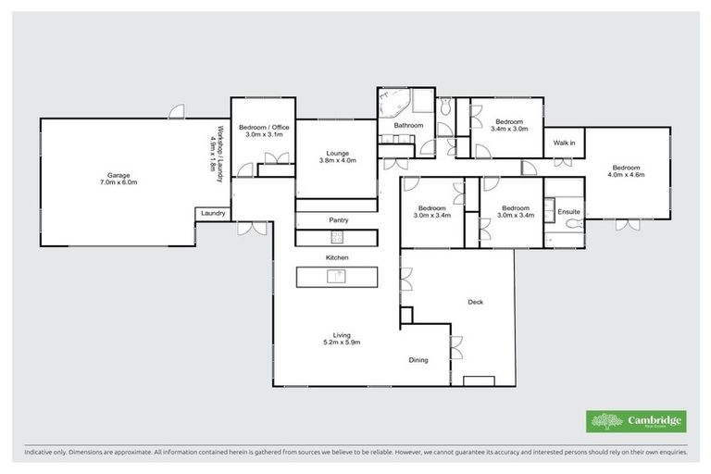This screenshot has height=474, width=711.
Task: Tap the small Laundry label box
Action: pos(212,214)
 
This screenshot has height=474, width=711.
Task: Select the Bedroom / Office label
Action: pos(264,127)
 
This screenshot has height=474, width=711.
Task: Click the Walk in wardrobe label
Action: pos(564,143)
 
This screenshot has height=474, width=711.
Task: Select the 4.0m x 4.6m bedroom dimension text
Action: pos(626,174)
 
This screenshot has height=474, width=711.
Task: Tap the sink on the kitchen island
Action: pos(340,275)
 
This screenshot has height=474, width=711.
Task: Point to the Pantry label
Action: pos(338,220)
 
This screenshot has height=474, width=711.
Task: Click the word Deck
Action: pos(476,302)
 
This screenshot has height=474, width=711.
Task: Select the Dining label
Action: pos(418,359)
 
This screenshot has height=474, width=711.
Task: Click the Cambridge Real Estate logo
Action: pos(636,421)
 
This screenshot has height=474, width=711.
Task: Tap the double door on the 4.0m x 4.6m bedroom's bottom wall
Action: pos(627,223)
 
